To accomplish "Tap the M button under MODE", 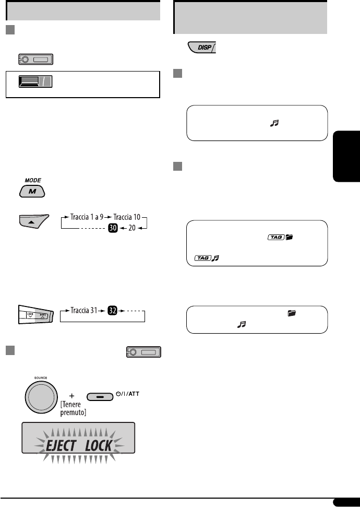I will coord(32,192).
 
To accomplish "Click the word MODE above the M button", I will coord(33,179).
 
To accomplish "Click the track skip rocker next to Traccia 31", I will coord(34,316).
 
